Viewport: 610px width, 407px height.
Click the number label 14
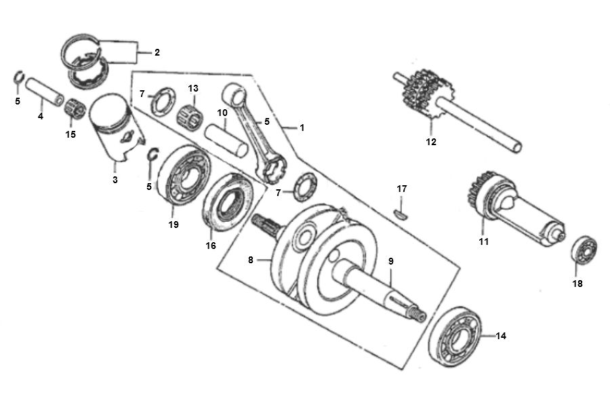pos(501,335)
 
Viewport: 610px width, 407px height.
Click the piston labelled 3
pos(115,129)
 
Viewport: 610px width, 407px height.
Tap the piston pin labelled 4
pos(46,92)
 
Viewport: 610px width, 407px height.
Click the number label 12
pos(431,142)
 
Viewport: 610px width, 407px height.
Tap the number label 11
pos(483,241)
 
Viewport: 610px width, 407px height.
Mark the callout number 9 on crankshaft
pos(390,261)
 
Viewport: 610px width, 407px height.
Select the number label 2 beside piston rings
pos(157,52)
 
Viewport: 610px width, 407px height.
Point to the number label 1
pos(302,127)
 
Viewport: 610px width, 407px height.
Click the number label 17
pos(401,188)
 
